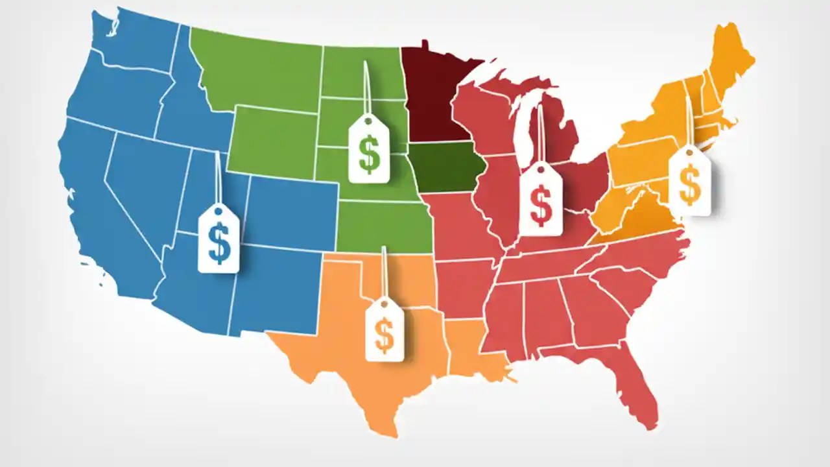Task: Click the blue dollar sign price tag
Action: point(219,239)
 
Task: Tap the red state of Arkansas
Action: point(464,285)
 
